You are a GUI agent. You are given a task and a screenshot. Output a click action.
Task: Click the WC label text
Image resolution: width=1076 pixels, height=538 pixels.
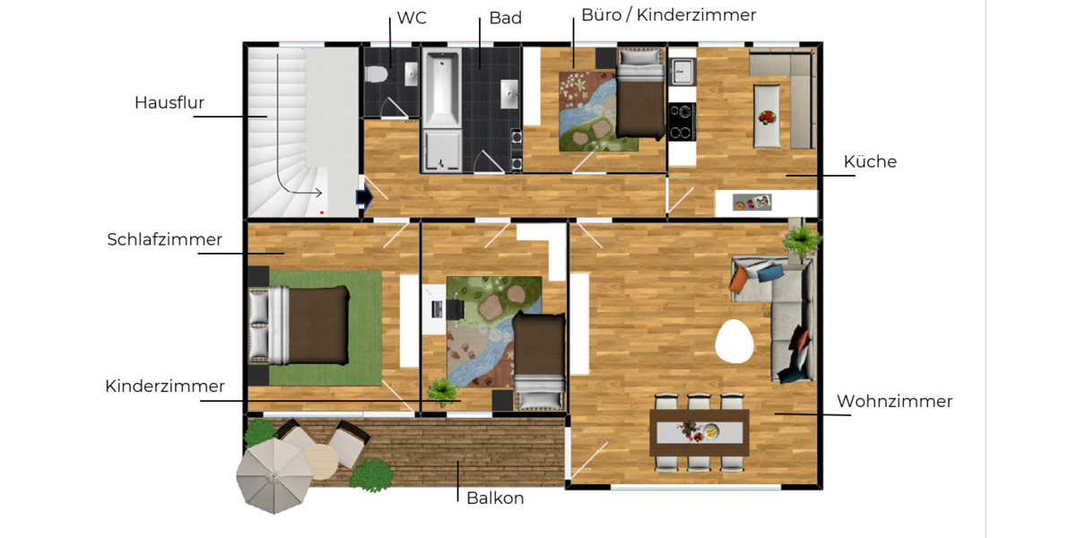coord(412,18)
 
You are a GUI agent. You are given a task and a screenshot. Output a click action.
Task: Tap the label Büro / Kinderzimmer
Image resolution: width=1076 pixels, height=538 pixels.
coord(668,15)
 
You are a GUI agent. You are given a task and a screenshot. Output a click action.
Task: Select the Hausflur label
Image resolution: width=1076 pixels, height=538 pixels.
coord(169,102)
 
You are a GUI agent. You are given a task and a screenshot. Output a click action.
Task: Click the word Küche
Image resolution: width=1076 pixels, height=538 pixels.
coord(870,161)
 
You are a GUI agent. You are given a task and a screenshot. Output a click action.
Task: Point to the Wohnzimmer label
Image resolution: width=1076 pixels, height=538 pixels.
coord(894,401)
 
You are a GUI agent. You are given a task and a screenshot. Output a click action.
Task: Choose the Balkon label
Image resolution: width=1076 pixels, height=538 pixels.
coord(495,498)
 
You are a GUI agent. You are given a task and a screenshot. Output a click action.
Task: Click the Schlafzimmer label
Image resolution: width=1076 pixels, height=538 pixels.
coord(165,239)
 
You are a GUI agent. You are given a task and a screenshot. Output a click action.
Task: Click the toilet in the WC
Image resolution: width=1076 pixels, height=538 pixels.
coord(377,74)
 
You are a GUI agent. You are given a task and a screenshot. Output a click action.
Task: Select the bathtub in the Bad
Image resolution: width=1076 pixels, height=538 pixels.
coord(441,90)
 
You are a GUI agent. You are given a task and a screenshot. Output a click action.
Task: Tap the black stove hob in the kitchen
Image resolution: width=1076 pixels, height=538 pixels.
coord(681,122)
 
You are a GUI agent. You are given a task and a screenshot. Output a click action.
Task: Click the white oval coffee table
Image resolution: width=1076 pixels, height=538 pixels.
coord(735,341)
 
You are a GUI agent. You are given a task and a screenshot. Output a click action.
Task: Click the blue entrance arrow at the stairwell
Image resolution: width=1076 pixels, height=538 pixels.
coord(364,197)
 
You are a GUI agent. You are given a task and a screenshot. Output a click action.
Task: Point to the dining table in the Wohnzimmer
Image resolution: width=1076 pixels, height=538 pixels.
coord(699,431)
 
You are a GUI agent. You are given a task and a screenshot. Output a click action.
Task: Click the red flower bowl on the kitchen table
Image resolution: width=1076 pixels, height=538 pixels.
coord(767,117)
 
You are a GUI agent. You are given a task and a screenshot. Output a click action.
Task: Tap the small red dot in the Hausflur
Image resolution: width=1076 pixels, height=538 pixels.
coord(322,213)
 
